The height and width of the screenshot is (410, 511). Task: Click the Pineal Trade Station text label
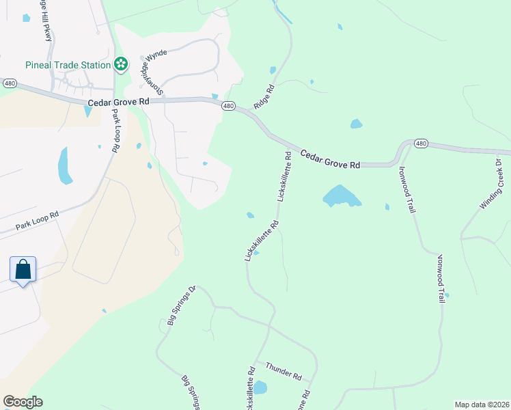[68, 65]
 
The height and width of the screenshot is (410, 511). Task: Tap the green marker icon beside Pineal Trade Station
[121, 64]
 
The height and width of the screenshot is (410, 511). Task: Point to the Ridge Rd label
[264, 98]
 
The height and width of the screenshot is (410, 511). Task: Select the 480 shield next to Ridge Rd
[229, 106]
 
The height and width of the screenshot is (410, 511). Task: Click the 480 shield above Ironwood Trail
[421, 143]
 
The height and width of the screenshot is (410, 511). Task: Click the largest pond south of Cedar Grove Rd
[342, 197]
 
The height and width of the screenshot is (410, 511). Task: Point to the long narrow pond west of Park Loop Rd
[65, 167]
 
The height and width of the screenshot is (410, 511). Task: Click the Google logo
[23, 402]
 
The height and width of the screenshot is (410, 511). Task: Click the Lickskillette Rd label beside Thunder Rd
[251, 388]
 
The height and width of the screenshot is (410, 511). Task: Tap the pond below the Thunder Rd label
[260, 388]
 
